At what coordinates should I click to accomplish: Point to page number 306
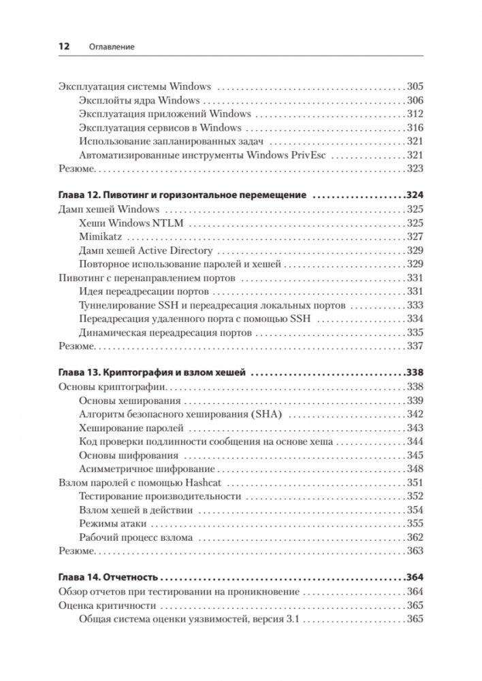[415, 100]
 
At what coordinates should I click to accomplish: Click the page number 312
[415, 114]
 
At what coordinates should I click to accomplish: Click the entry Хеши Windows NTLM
[135, 223]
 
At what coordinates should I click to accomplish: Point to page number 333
[415, 305]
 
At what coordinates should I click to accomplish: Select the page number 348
[415, 469]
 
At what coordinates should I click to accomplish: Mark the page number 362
[415, 537]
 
